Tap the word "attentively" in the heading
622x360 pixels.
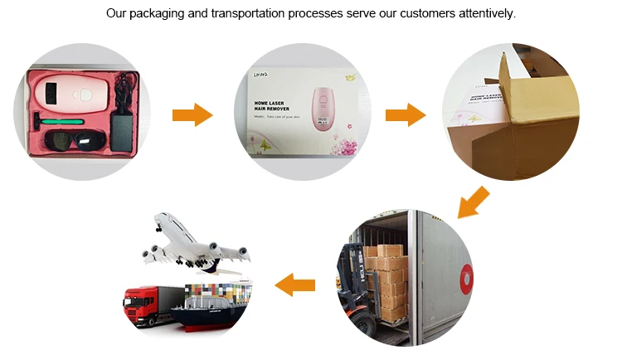484,14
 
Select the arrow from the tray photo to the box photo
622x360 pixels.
192,114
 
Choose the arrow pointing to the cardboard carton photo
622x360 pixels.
406,114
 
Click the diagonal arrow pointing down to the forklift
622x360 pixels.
474,202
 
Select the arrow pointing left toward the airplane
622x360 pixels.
295,285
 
